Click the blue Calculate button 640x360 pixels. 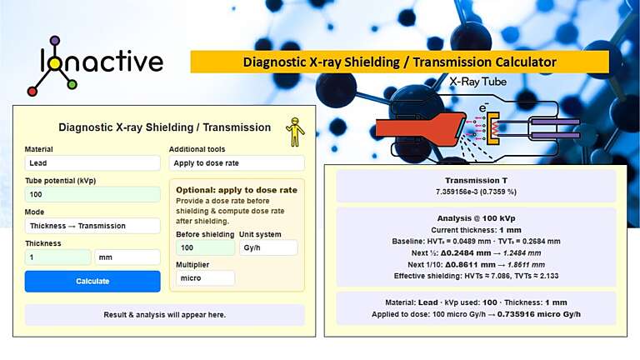pyautogui.click(x=92, y=281)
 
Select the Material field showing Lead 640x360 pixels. pyautogui.click(x=92, y=163)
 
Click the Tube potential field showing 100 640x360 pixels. pyautogui.click(x=92, y=194)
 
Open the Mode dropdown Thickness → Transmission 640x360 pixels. pyautogui.click(x=92, y=226)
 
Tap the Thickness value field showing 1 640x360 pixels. pyautogui.click(x=57, y=257)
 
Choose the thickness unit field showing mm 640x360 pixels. pyautogui.click(x=127, y=257)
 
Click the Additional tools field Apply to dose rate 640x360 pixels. pyautogui.click(x=237, y=163)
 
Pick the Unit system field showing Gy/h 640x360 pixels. pyautogui.click(x=267, y=247)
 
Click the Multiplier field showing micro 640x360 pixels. pyautogui.click(x=205, y=278)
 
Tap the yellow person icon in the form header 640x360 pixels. pyautogui.click(x=295, y=131)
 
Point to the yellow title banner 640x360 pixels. pyautogui.click(x=399, y=62)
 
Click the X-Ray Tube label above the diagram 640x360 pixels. pyautogui.click(x=477, y=82)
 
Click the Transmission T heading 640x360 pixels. pyautogui.click(x=476, y=180)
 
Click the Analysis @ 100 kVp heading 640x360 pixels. pyautogui.click(x=476, y=217)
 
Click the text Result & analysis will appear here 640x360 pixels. pyautogui.click(x=164, y=315)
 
